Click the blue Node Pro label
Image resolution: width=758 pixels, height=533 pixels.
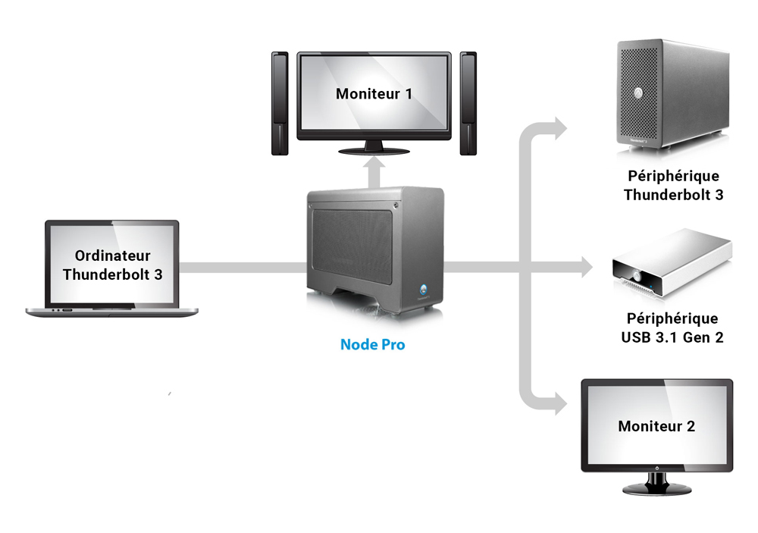(373, 344)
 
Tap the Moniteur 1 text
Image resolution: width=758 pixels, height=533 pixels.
(374, 93)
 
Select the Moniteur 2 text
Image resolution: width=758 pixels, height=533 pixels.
(656, 425)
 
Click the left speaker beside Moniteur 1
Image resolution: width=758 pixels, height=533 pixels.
(280, 104)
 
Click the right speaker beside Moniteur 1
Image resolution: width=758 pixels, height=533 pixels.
(468, 104)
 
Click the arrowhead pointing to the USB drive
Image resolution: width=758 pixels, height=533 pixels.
(587, 267)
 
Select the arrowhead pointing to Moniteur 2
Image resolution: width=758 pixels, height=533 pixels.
(561, 403)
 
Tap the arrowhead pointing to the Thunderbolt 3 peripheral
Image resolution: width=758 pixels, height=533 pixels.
(561, 128)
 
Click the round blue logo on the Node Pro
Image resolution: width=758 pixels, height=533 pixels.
(424, 290)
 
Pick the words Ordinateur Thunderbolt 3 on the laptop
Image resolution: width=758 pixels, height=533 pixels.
(113, 265)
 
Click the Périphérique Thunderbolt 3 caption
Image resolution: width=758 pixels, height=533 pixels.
(673, 185)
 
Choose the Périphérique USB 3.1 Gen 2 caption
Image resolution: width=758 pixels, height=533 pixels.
(672, 328)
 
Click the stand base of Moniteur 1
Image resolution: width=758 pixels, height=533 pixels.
(374, 152)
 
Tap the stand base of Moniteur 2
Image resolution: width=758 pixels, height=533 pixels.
(656, 490)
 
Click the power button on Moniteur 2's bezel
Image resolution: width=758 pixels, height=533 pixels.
(657, 468)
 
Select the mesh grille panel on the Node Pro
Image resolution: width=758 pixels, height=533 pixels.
(352, 247)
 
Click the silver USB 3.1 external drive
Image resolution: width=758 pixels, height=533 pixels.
(672, 264)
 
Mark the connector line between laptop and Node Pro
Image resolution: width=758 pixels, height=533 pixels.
(243, 267)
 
